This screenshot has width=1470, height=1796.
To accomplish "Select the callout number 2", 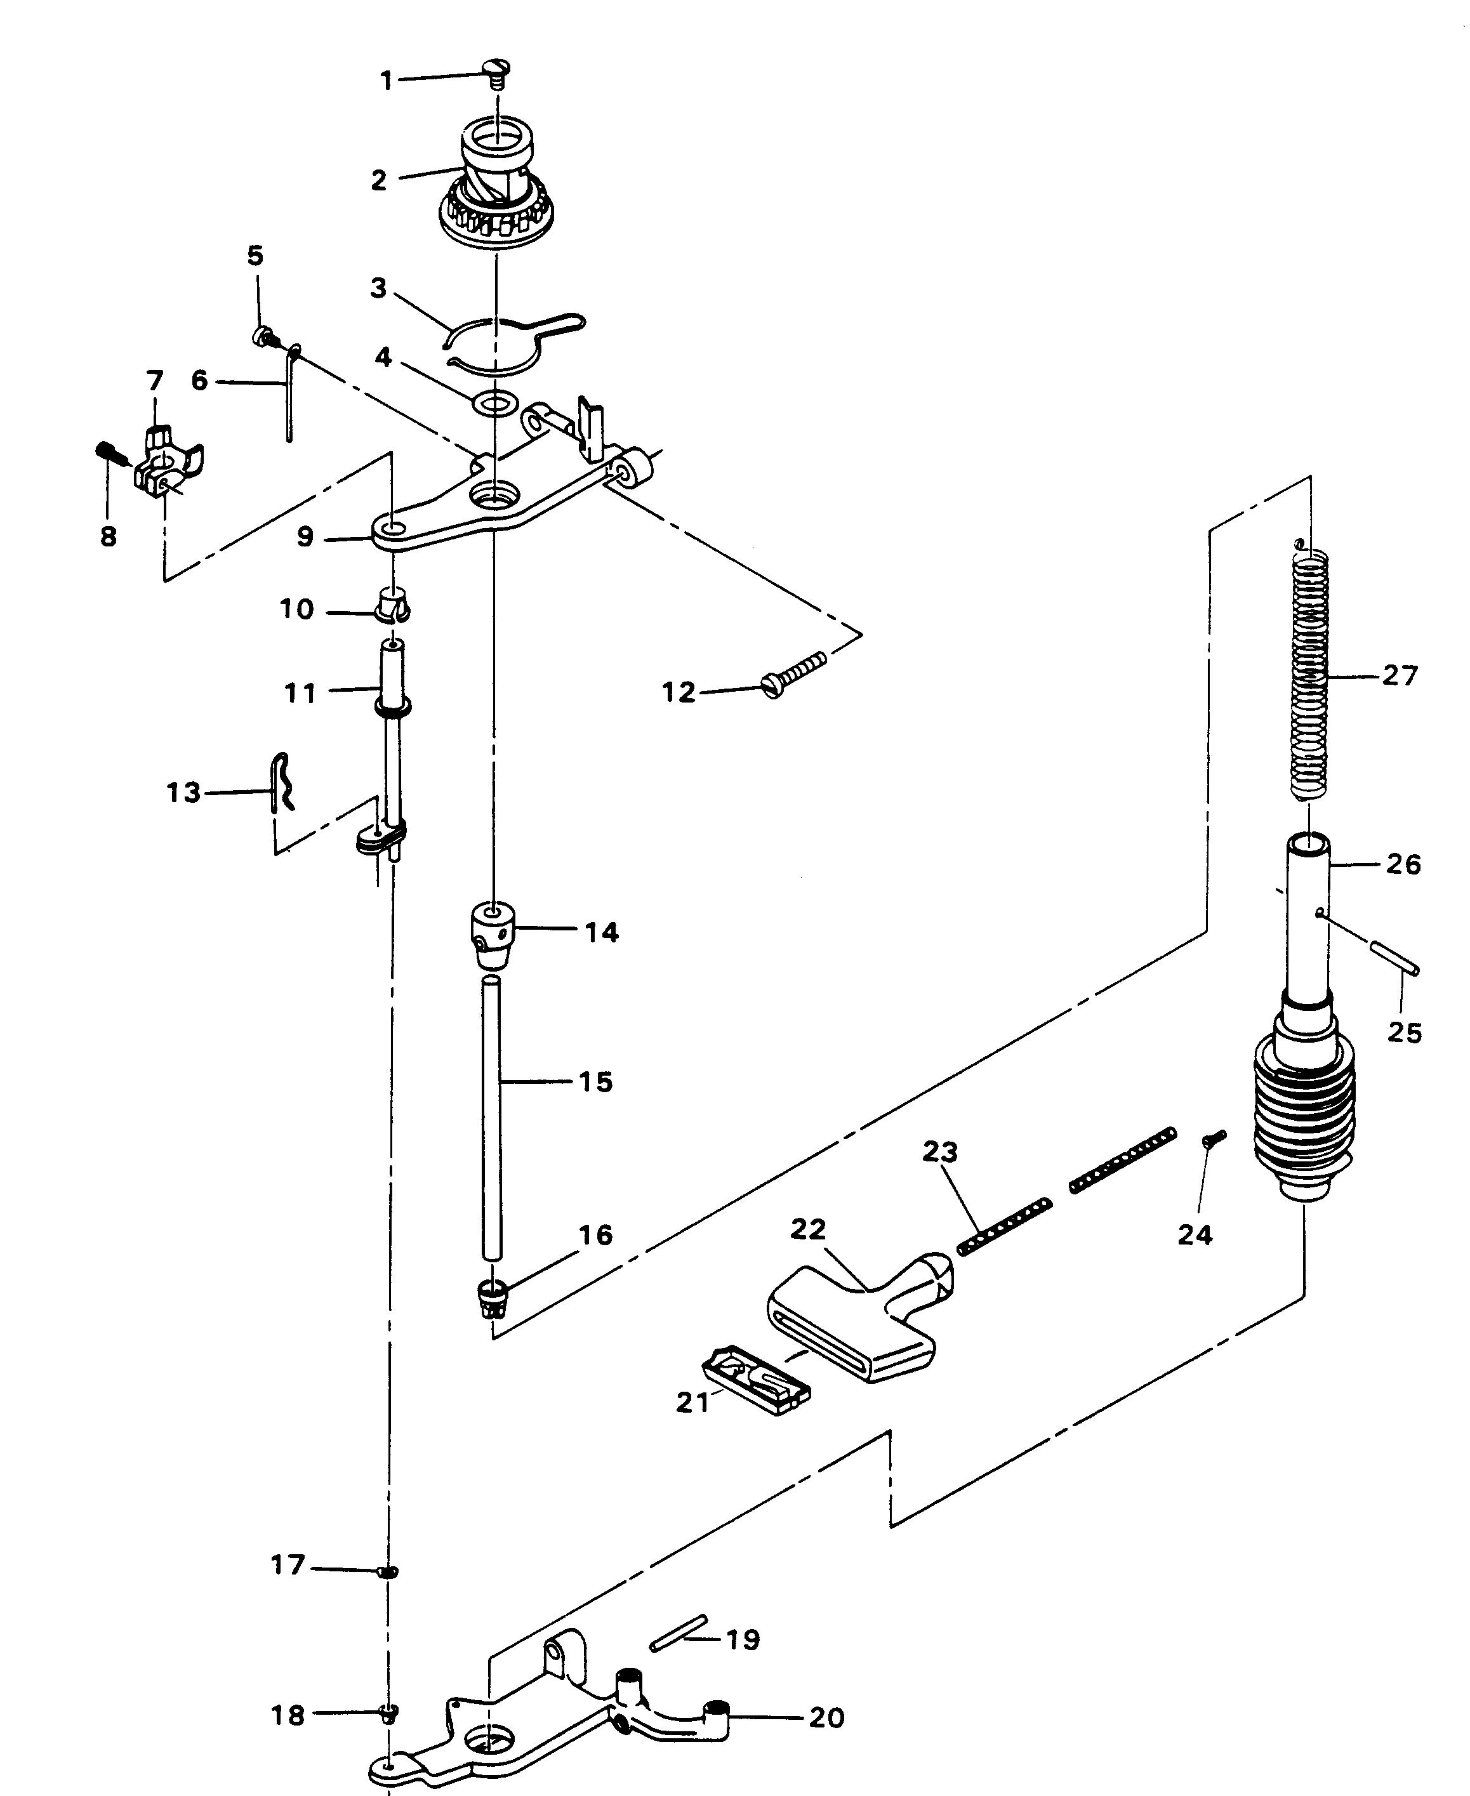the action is (378, 180).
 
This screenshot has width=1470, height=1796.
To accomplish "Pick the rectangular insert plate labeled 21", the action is (755, 1383).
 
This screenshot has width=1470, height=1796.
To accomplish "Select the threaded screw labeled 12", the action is (793, 675).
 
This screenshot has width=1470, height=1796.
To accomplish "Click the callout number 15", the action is (595, 1081).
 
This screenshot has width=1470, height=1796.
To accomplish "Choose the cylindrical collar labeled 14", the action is (492, 935).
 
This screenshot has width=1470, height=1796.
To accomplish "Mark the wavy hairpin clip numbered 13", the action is (284, 782).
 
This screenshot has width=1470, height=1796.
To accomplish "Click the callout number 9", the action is (305, 537).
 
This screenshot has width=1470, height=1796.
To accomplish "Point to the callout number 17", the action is (288, 1565).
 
